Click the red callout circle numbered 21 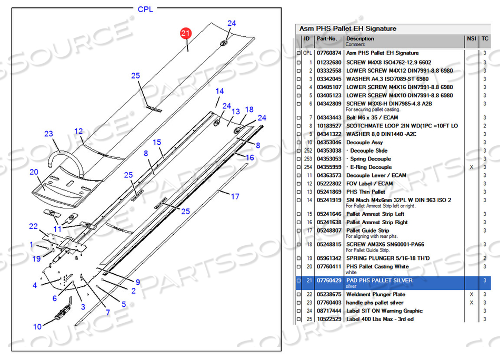click(185, 34)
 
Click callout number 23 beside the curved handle click(48, 134)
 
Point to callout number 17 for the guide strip click(235, 196)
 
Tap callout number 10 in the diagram click(37, 327)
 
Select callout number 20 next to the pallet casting click(34, 172)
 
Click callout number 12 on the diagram click(78, 131)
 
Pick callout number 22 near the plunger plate click(34, 226)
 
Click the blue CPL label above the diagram click(146, 9)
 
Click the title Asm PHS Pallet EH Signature click(348, 28)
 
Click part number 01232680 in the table click(329, 62)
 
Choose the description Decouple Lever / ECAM click(376, 175)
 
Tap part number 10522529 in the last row click(329, 319)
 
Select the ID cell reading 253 click(308, 159)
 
